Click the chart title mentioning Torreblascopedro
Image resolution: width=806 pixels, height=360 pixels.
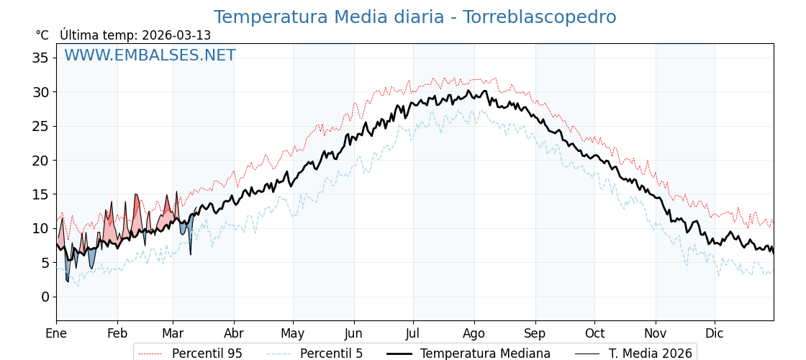pos(415,17)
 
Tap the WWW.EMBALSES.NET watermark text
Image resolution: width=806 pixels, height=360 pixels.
pos(150,55)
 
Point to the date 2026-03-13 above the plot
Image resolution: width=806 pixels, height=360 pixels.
pos(176,35)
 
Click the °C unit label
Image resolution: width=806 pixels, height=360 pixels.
pos(42,35)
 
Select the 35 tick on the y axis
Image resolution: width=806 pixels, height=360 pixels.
pos(40,58)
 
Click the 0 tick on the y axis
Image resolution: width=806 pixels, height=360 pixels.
pos(45,297)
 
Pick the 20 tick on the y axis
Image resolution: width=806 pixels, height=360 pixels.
pos(40,160)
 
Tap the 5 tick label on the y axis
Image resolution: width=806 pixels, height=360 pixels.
pos(45,263)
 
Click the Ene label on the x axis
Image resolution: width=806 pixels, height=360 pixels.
pos(56,334)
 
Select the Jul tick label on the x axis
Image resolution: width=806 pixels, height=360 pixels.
pos(413,334)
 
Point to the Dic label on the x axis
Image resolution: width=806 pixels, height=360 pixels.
pos(715,334)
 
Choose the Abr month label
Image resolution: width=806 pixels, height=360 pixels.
pos(234,334)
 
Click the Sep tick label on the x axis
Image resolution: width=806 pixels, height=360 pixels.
pos(535,334)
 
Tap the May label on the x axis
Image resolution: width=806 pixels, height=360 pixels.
pos(293,334)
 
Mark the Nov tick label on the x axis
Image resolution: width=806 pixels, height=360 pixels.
pos(656,334)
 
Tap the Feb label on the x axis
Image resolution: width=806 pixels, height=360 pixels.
pos(117,334)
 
